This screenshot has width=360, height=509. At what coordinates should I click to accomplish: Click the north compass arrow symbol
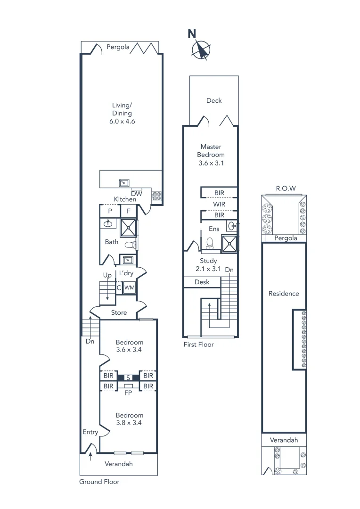[x=202, y=49]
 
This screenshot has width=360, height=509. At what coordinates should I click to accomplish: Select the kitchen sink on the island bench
[x=124, y=182]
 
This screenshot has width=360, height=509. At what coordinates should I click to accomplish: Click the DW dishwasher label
[x=136, y=193]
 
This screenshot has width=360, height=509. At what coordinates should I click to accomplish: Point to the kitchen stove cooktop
[x=156, y=195]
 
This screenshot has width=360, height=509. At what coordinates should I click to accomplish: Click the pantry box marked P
[x=110, y=211]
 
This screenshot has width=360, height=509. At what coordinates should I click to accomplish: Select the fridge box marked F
[x=129, y=211]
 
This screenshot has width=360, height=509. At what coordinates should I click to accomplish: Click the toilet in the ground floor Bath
[x=130, y=245]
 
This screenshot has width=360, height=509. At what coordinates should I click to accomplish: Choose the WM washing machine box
[x=130, y=287]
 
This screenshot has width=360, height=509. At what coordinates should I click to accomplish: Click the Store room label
[x=119, y=312]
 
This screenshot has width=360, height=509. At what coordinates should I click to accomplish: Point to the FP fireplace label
[x=128, y=392]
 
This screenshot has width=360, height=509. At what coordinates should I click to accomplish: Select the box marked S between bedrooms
[x=128, y=378]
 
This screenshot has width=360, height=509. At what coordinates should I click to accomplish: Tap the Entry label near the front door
[x=90, y=432]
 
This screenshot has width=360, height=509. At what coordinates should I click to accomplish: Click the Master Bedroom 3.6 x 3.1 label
[x=212, y=155]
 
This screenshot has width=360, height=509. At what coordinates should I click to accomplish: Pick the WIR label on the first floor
[x=219, y=204]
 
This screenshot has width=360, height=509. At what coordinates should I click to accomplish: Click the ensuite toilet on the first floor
[x=210, y=243]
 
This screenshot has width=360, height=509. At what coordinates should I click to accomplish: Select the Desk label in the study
[x=202, y=282]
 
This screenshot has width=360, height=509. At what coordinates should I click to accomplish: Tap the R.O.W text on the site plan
[x=286, y=189]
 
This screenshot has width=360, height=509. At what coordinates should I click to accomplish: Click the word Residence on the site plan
[x=284, y=294]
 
